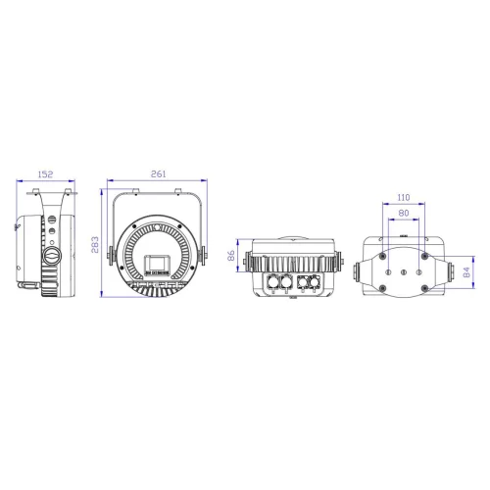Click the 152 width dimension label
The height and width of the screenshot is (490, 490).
tap(45, 173)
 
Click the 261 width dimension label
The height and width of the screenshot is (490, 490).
tap(159, 173)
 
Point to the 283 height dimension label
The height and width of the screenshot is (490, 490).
tap(95, 243)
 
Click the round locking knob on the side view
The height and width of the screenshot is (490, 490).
tap(52, 257)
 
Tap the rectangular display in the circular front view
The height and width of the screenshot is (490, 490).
tap(157, 262)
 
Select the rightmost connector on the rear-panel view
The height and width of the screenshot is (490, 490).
tap(316, 284)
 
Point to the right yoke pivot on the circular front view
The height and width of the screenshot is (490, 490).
tap(205, 258)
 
